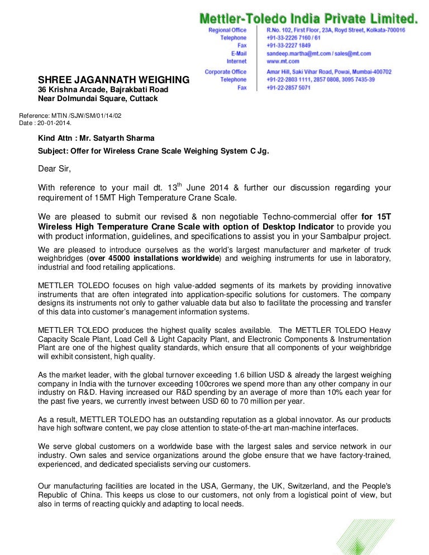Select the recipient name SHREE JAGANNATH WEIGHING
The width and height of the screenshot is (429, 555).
(x=113, y=80)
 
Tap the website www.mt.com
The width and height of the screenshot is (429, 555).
(x=283, y=61)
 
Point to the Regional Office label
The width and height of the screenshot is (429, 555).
(x=227, y=30)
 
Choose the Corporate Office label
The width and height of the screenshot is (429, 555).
(x=225, y=72)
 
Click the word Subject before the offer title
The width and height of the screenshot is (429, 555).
(x=54, y=150)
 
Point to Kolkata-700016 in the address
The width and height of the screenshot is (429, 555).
(x=384, y=30)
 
